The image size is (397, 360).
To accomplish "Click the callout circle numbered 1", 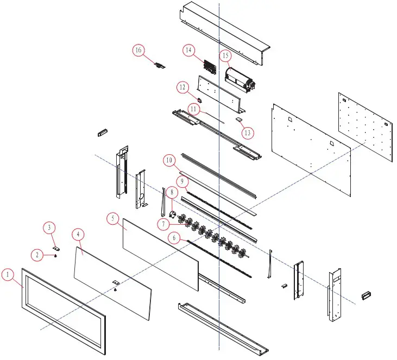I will pos(8,275).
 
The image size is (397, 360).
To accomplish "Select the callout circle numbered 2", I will pos(37,254).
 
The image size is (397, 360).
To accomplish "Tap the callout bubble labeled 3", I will pos(49,226).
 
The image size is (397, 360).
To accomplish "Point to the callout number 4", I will pos(79,235).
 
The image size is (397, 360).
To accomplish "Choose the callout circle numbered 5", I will pos(112,218).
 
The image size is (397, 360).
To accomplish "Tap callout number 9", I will pos(181,180).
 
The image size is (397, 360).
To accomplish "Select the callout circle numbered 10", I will pos(169,160).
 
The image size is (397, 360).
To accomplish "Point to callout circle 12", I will pos(182,86).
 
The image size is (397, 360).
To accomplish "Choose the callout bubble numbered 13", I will pos(248,131).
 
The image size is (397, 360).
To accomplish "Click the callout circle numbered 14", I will pos(188,50).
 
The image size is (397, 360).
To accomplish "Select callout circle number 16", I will pos(138,50).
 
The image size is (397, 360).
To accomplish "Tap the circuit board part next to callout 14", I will pos(210,67).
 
